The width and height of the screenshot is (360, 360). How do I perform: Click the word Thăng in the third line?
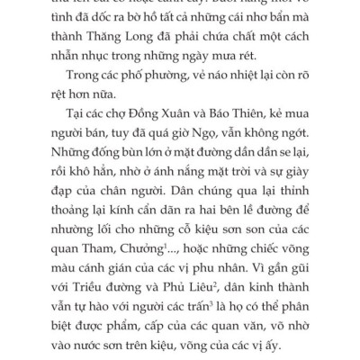point(113,38)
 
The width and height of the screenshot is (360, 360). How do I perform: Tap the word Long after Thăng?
point(151,38)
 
